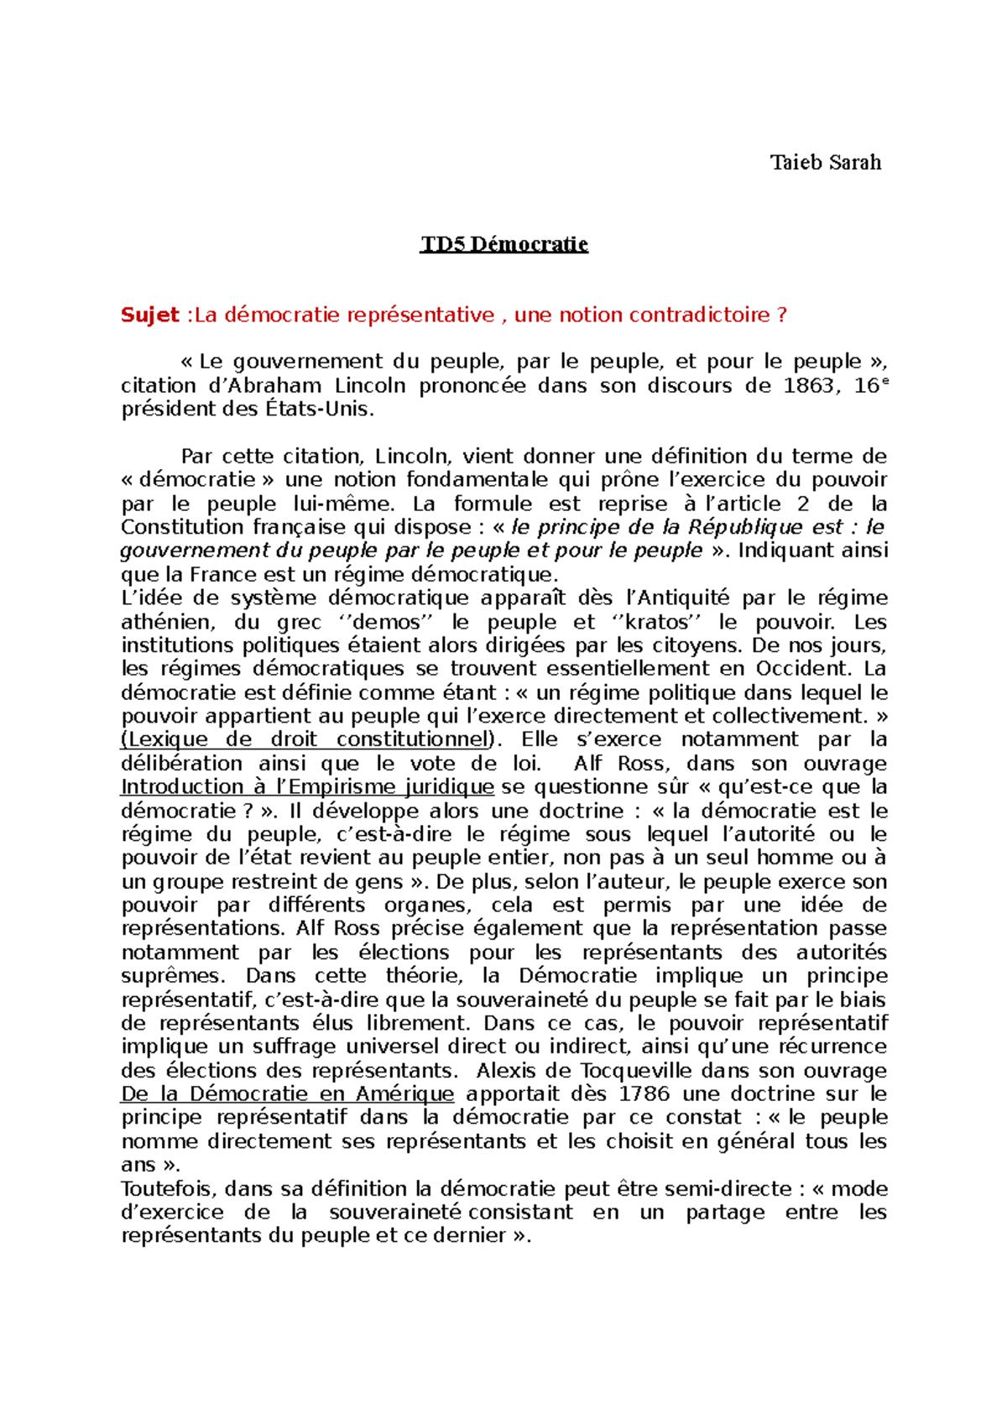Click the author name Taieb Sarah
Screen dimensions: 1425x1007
click(826, 162)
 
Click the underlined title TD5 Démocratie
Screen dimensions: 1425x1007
click(504, 244)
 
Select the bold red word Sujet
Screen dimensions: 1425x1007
click(150, 315)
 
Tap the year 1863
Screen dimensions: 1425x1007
click(808, 386)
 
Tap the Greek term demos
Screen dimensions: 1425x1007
click(386, 622)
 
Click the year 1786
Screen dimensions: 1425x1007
click(644, 1094)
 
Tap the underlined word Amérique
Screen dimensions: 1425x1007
click(404, 1094)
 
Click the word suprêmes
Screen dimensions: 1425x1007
click(173, 976)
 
